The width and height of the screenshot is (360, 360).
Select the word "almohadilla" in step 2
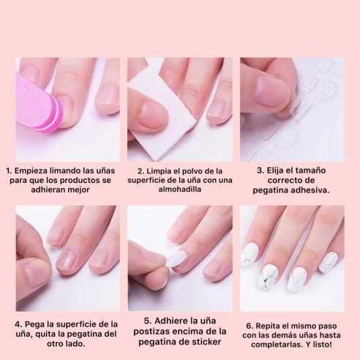(180, 189)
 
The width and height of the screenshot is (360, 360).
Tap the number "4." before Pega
(18, 324)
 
